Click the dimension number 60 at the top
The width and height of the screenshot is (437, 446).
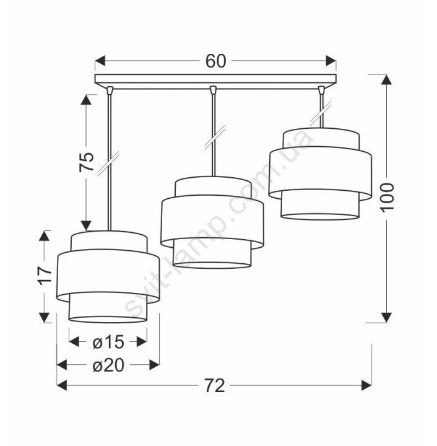[x=215, y=61]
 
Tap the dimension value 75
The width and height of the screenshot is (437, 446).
[x=87, y=162]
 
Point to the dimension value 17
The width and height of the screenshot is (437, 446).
[x=46, y=275]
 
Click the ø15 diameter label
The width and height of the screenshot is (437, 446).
[x=108, y=341]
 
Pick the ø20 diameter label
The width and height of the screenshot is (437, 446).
[x=108, y=365]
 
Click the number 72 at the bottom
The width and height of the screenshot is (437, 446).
[x=215, y=386]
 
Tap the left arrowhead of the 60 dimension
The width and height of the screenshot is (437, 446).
[x=100, y=61]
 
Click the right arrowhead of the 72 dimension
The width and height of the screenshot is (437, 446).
[x=366, y=385]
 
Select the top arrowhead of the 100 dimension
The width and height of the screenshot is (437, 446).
[x=386, y=80]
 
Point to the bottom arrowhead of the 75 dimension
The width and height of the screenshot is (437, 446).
[x=87, y=225]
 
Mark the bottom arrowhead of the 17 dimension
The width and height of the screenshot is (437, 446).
[x=44, y=318]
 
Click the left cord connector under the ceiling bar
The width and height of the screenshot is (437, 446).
[x=110, y=90]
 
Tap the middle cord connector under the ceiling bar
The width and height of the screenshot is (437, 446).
[x=213, y=90]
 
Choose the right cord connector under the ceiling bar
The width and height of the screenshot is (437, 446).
[x=321, y=90]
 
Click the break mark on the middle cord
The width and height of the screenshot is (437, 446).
[x=215, y=137]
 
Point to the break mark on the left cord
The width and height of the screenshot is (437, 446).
[x=108, y=164]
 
